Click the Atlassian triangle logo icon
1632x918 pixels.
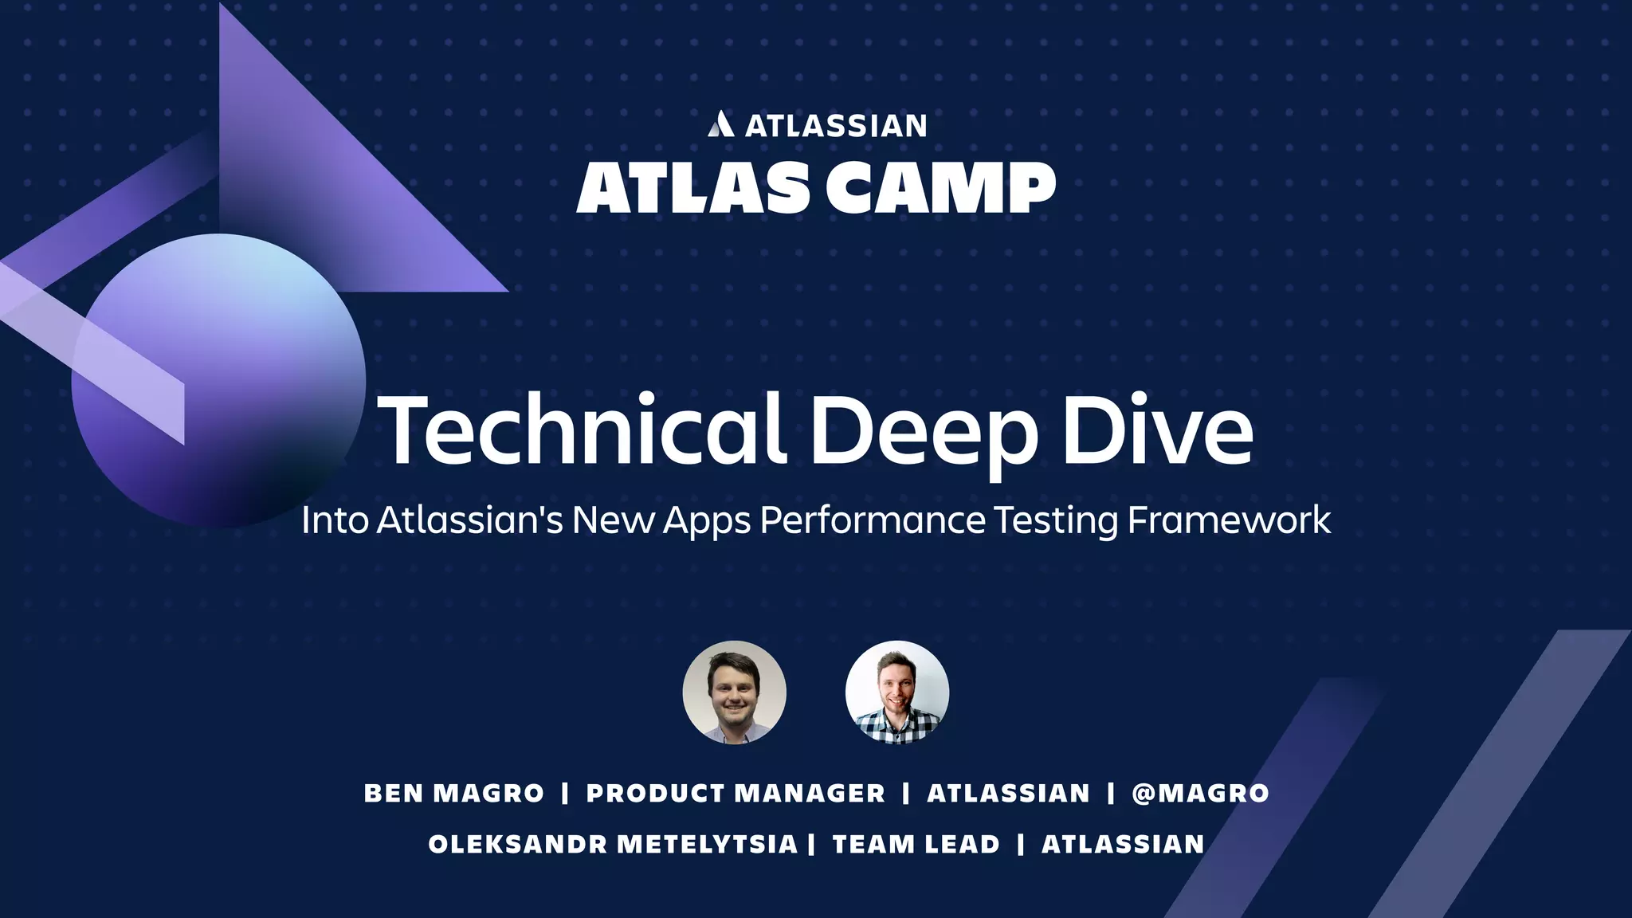(x=720, y=124)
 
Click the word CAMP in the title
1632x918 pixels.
(x=940, y=188)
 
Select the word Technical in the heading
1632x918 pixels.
(x=582, y=430)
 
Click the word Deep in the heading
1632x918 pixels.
(x=924, y=432)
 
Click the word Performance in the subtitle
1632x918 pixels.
(x=873, y=521)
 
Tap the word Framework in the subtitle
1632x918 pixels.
(x=1228, y=521)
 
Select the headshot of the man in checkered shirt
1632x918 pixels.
(x=897, y=692)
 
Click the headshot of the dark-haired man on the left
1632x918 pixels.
(x=734, y=692)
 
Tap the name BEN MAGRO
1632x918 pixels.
(x=453, y=794)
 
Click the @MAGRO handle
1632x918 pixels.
(x=1200, y=794)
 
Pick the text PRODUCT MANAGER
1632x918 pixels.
(x=736, y=794)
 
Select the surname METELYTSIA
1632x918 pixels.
(x=707, y=845)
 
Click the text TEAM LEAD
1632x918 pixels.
(x=916, y=845)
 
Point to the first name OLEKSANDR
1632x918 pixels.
(x=518, y=845)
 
